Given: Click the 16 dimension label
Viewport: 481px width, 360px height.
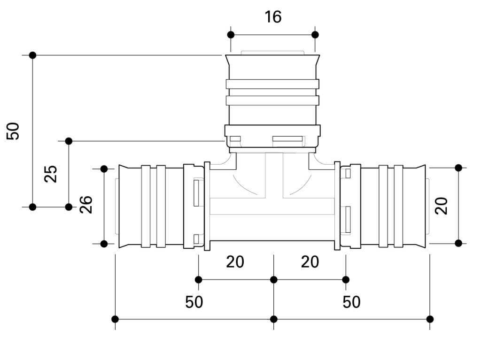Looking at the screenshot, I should pyautogui.click(x=273, y=17).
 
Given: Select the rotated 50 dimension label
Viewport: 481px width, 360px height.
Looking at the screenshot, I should pyautogui.click(x=14, y=131).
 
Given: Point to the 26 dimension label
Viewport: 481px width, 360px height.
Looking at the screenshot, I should pyautogui.click(x=86, y=205).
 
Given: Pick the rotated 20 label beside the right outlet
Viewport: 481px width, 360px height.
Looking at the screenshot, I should pyautogui.click(x=442, y=206).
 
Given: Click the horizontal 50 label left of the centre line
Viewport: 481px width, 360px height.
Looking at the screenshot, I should pyautogui.click(x=194, y=302).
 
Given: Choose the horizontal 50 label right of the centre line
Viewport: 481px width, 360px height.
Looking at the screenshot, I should pyautogui.click(x=351, y=302).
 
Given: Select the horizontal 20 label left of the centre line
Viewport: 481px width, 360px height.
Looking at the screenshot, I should pyautogui.click(x=235, y=262).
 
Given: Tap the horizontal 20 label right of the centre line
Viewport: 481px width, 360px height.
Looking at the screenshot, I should pyautogui.click(x=310, y=262).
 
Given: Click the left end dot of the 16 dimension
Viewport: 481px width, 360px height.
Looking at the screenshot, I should pyautogui.click(x=231, y=35).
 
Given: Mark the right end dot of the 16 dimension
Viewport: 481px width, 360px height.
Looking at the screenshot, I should pyautogui.click(x=315, y=35).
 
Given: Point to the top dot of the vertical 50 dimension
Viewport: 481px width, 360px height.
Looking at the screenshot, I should pyautogui.click(x=32, y=55).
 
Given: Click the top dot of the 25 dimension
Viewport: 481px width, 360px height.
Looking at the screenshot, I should pyautogui.click(x=69, y=141).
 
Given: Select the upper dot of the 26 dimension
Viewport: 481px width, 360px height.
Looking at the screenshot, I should pyautogui.click(x=104, y=168).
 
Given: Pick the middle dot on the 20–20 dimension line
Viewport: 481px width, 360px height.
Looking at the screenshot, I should pyautogui.click(x=274, y=280).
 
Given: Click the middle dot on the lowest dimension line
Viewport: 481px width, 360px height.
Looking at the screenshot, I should pyautogui.click(x=274, y=319).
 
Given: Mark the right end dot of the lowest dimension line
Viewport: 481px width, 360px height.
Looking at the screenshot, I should pyautogui.click(x=430, y=319).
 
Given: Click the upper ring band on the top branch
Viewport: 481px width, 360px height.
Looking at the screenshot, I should pyautogui.click(x=272, y=84).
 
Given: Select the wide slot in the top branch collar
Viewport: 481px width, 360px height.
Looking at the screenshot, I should pyautogui.click(x=287, y=139).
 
